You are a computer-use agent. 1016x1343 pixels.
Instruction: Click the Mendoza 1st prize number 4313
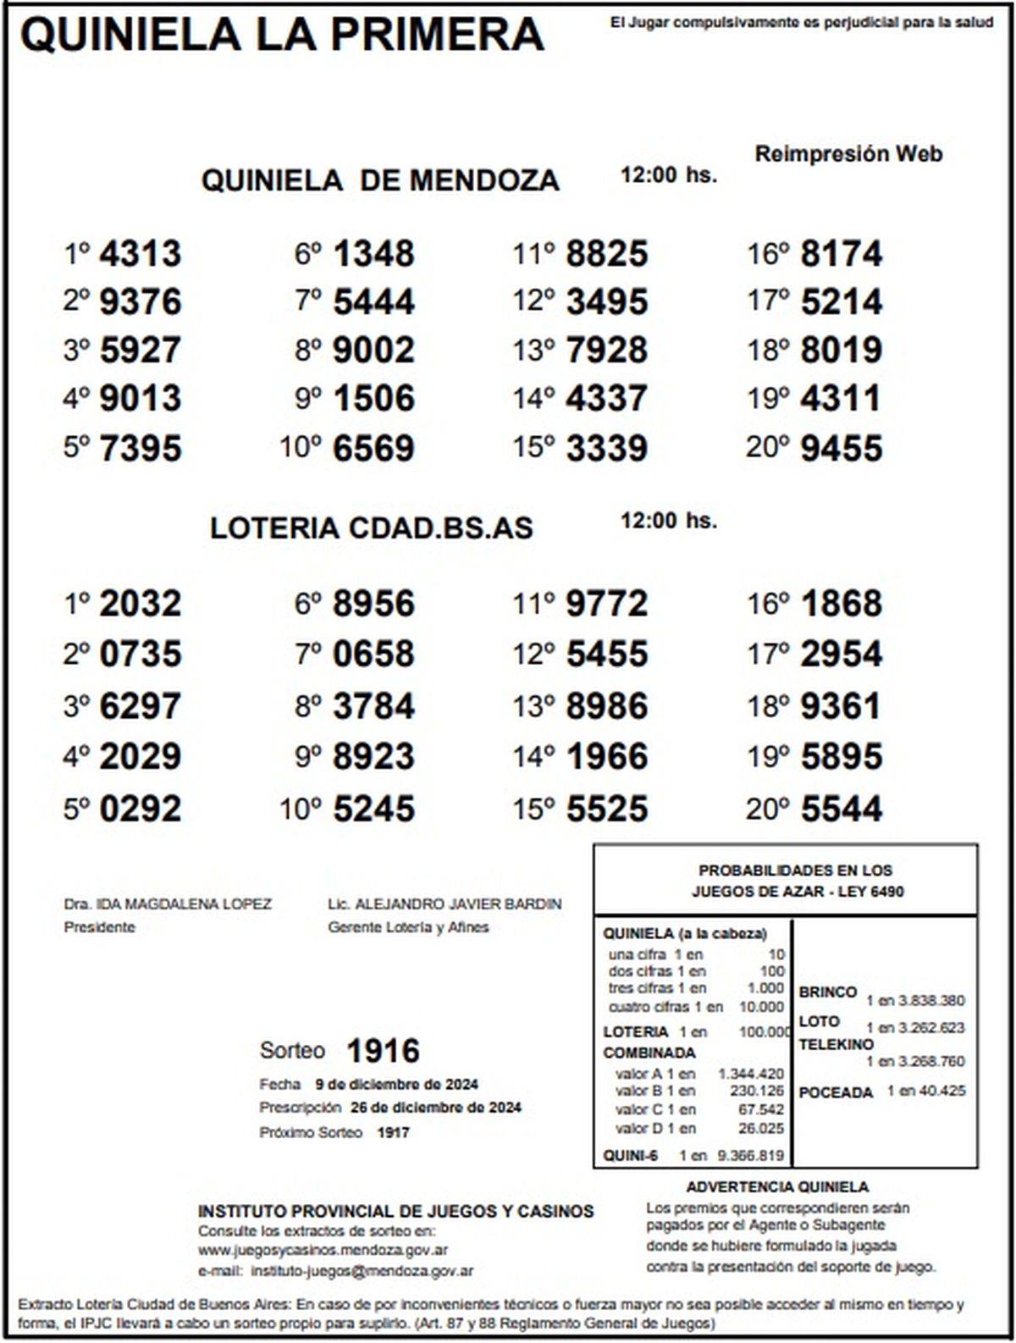[x=140, y=253]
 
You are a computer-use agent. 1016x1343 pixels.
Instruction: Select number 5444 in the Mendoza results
[x=373, y=301]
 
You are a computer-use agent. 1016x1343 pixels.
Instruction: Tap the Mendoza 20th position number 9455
[x=841, y=448]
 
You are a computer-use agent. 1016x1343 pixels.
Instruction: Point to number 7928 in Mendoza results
[x=606, y=350]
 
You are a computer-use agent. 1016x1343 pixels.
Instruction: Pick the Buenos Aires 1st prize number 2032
[x=140, y=604]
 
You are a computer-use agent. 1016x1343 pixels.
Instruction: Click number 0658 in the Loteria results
[x=373, y=654]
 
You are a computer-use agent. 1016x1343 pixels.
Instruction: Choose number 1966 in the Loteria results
[x=606, y=756]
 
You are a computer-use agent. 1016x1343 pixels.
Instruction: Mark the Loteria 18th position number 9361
[x=841, y=706]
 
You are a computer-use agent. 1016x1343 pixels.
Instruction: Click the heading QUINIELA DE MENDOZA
[x=380, y=180]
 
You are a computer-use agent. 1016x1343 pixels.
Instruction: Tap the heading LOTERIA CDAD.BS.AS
[x=372, y=528]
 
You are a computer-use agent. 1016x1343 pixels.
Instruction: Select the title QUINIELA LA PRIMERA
[x=282, y=36]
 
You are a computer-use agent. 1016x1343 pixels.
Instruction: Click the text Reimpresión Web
[x=848, y=154]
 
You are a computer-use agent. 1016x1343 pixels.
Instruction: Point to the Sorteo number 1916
[x=383, y=1051]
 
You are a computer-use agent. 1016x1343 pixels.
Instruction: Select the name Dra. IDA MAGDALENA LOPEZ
[x=168, y=904]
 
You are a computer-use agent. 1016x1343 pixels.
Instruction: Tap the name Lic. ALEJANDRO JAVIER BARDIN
[x=444, y=904]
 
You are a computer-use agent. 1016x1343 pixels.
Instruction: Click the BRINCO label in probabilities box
[x=827, y=992]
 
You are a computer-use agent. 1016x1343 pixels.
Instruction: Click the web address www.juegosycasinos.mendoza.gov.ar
[x=323, y=1250]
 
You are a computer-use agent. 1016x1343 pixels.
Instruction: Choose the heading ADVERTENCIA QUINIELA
[x=777, y=1187]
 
